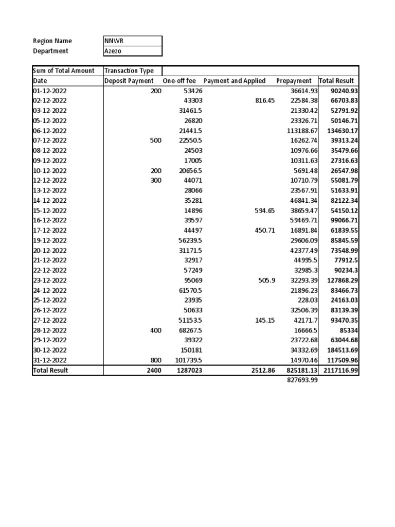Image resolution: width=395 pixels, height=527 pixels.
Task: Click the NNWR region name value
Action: coord(114,41)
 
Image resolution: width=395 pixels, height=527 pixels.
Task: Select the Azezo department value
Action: coord(114,51)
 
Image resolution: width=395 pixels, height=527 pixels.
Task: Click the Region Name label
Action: coord(52,41)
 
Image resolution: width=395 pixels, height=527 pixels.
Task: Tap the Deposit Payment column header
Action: coord(129,81)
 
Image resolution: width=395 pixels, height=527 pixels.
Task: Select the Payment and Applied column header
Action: coord(235,81)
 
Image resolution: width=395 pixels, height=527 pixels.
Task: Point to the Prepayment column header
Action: coord(294,81)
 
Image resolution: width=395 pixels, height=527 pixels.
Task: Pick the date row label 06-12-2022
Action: coord(50,131)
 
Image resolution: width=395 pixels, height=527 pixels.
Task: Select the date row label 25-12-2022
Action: coord(50,300)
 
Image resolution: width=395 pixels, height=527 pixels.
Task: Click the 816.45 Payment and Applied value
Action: coord(265,101)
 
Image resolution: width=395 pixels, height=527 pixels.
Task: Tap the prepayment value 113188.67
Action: coord(302,131)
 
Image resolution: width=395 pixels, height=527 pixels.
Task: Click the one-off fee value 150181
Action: coord(190,350)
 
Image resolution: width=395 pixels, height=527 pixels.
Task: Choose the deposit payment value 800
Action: coord(155,360)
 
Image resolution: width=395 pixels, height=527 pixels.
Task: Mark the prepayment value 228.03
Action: coord(308,300)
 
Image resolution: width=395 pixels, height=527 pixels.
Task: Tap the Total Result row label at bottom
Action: coord(50,371)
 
